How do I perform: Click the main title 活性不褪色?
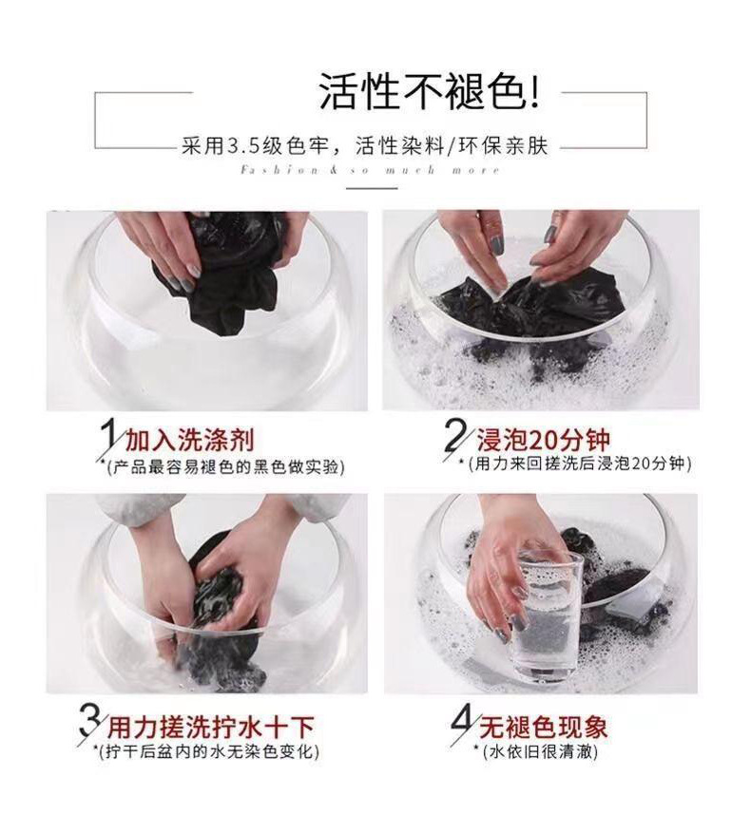(x=429, y=91)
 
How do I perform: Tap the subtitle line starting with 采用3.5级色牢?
(x=365, y=145)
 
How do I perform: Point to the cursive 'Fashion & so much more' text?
(x=370, y=171)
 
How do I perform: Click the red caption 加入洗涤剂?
(x=190, y=440)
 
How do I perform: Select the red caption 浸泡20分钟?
(x=543, y=440)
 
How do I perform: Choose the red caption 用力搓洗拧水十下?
(x=211, y=727)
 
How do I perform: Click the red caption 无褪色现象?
(x=543, y=727)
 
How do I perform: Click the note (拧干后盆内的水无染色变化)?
(x=209, y=752)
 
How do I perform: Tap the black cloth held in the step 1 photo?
(x=223, y=276)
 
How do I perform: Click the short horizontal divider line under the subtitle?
(x=373, y=188)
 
